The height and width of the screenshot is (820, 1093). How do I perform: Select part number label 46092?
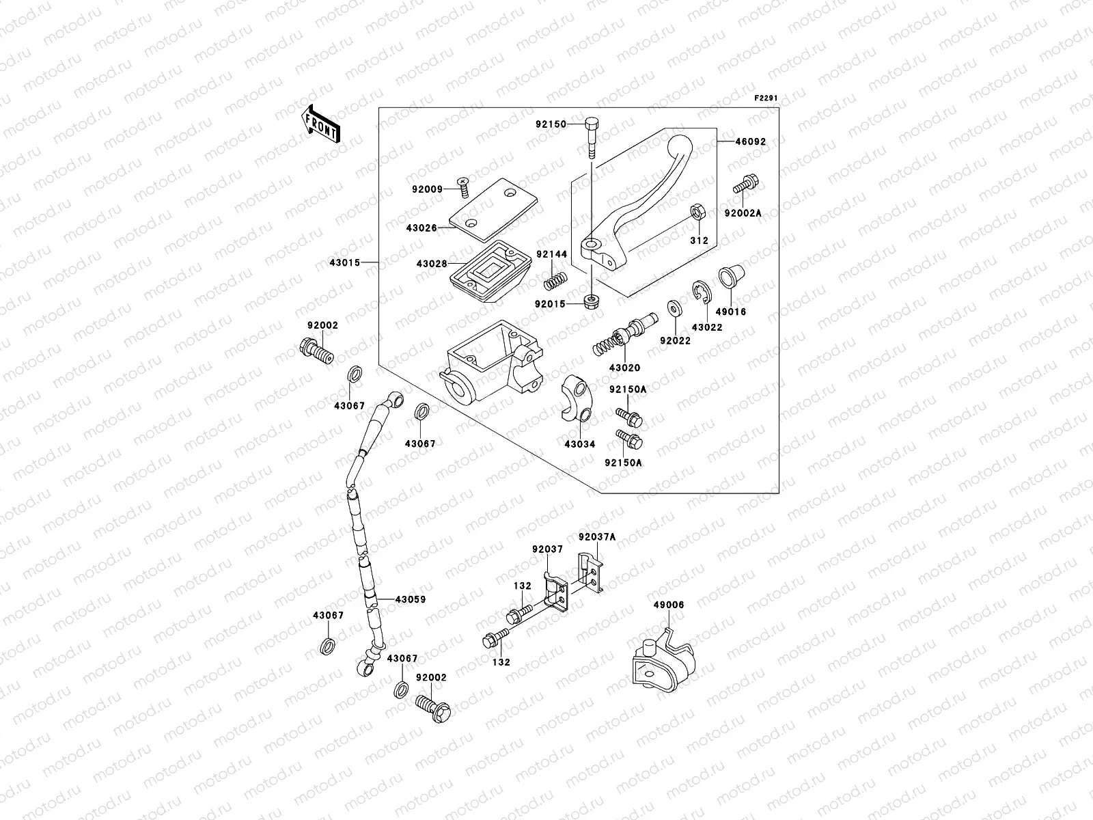(x=750, y=142)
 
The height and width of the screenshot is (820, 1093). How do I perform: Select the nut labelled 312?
(x=697, y=213)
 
